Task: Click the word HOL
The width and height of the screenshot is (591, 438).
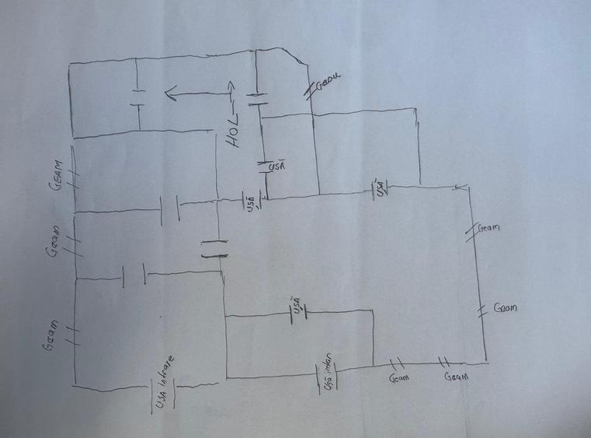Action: [232, 133]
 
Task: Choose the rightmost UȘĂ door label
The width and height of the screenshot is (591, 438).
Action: [381, 187]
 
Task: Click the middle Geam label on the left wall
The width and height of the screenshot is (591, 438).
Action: [55, 242]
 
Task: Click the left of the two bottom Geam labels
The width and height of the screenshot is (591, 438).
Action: [398, 378]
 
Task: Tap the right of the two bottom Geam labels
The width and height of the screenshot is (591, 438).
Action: [455, 377]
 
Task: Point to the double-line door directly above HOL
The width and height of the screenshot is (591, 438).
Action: [256, 99]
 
